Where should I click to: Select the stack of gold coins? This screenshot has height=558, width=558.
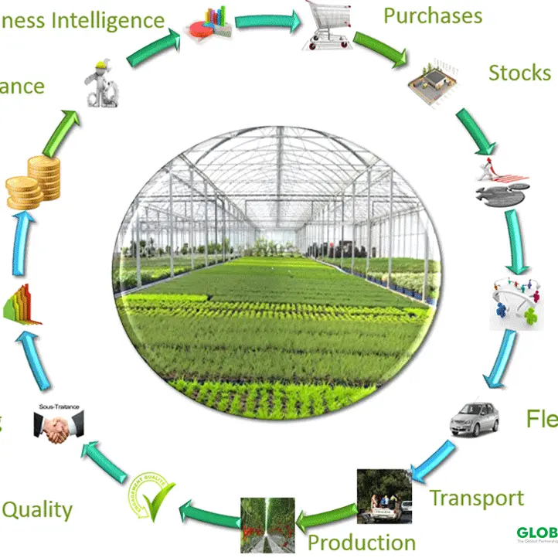point(34,182)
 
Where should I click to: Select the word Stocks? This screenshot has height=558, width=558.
point(519,73)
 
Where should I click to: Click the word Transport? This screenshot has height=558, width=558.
point(476,498)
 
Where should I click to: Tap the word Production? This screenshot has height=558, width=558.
point(362,542)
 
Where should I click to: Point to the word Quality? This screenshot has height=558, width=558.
point(37,510)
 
